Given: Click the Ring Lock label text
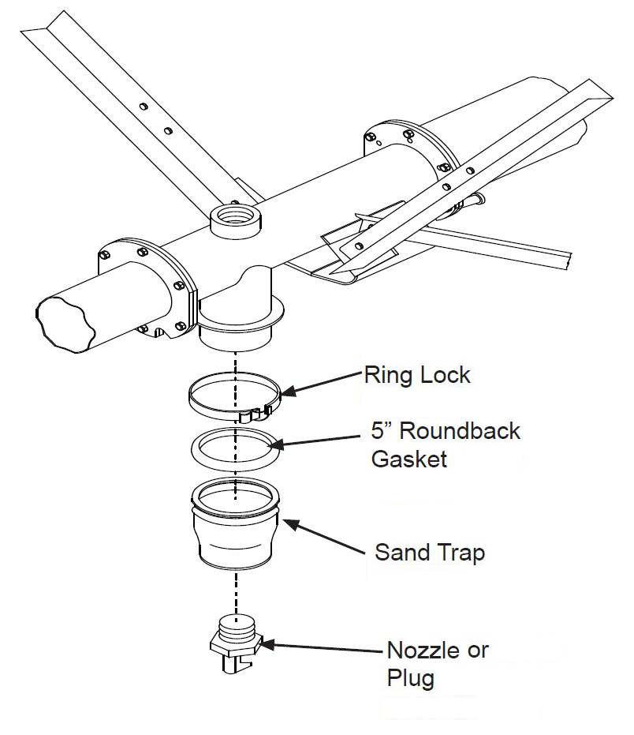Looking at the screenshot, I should coord(416,374).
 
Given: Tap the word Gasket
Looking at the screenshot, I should coord(408,458).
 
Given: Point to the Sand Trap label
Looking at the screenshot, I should coord(429,552).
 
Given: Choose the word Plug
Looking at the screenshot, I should coord(410,678).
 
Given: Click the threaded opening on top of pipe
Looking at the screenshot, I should coord(235,216).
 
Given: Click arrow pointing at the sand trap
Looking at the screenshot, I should coord(323,534).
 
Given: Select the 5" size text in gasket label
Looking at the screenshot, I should coord(382,431).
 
